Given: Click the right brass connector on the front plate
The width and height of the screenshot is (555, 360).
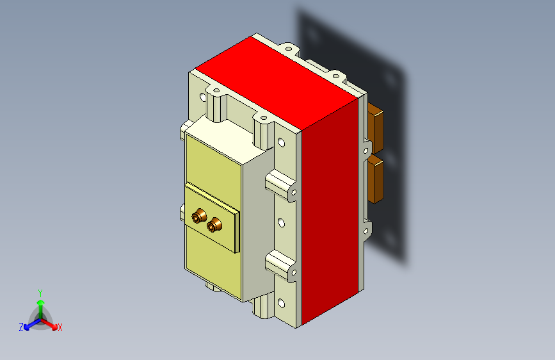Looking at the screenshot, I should click(x=215, y=224).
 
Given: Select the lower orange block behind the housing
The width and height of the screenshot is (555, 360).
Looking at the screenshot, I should click(x=376, y=180).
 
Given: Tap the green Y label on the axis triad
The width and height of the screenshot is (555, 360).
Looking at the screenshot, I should click(x=40, y=292).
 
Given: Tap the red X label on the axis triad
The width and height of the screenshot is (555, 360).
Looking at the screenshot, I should click(x=60, y=327).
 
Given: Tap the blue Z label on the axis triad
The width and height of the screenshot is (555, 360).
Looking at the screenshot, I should click(x=21, y=327).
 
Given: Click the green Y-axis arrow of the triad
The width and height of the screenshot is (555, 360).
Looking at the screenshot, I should click(x=40, y=305).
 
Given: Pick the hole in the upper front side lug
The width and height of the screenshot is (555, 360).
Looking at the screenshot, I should click(x=293, y=191).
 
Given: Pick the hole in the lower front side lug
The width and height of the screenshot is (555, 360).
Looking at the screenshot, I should click(x=293, y=274).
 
